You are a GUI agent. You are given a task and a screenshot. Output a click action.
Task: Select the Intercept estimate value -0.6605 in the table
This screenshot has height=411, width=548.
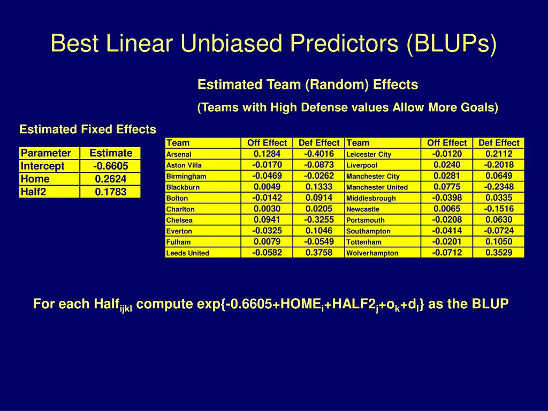click(x=110, y=166)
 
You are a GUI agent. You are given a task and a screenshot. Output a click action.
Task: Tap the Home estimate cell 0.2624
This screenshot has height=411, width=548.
click(x=110, y=179)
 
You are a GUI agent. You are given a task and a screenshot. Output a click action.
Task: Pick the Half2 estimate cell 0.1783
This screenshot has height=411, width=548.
click(x=110, y=192)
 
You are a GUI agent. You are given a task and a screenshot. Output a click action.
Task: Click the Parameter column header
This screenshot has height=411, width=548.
click(x=46, y=153)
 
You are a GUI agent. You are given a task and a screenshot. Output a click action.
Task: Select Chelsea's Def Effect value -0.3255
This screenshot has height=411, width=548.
click(x=318, y=219)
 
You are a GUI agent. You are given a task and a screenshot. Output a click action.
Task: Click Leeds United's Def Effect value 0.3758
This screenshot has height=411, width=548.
click(x=318, y=253)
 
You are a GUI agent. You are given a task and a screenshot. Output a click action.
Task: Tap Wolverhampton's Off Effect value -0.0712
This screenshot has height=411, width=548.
click(x=447, y=253)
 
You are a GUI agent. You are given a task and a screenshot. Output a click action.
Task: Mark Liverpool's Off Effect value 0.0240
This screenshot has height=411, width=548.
click(x=447, y=165)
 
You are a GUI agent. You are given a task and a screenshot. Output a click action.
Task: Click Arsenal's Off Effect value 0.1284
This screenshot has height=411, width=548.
click(x=267, y=154)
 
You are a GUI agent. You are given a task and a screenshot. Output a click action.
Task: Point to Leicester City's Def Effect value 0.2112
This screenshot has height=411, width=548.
click(x=499, y=154)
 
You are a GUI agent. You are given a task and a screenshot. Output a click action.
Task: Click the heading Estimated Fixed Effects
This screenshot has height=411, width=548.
click(x=88, y=130)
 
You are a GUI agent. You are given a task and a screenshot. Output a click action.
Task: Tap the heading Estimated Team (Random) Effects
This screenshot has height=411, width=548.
click(x=308, y=85)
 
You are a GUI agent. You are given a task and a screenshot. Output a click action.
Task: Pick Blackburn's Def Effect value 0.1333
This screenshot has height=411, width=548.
click(x=318, y=187)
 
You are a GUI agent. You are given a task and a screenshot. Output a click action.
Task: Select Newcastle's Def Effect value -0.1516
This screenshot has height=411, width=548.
click(x=499, y=209)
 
